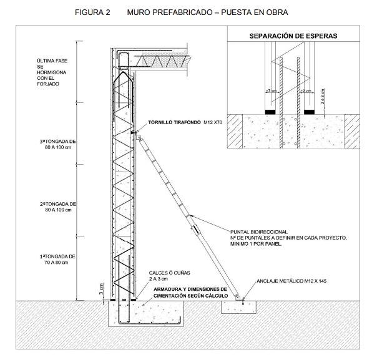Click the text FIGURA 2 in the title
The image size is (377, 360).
(92, 12)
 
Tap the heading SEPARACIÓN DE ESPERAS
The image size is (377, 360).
(293, 36)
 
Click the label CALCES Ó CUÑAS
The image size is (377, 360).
(165, 273)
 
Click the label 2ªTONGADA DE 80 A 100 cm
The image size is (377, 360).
(56, 207)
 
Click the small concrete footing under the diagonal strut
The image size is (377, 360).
(239, 306)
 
